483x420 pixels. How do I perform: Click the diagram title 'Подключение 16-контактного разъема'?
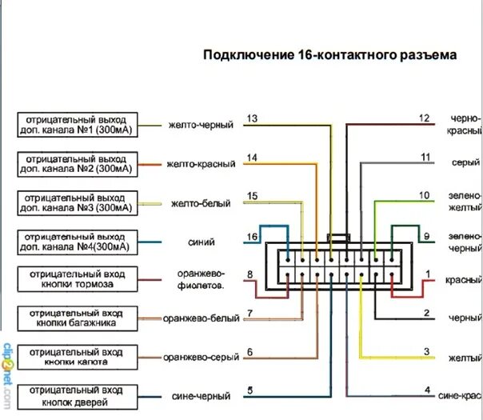pyautogui.click(x=330, y=55)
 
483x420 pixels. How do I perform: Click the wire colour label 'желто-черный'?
pyautogui.click(x=201, y=126)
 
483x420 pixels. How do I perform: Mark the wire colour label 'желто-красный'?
pyautogui.click(x=201, y=164)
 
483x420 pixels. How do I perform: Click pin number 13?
pyautogui.click(x=252, y=118)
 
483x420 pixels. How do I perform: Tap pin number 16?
pyautogui.click(x=253, y=237)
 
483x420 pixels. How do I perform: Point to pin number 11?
pyautogui.click(x=425, y=158)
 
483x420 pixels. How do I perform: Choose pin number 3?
pyautogui.click(x=426, y=351)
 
